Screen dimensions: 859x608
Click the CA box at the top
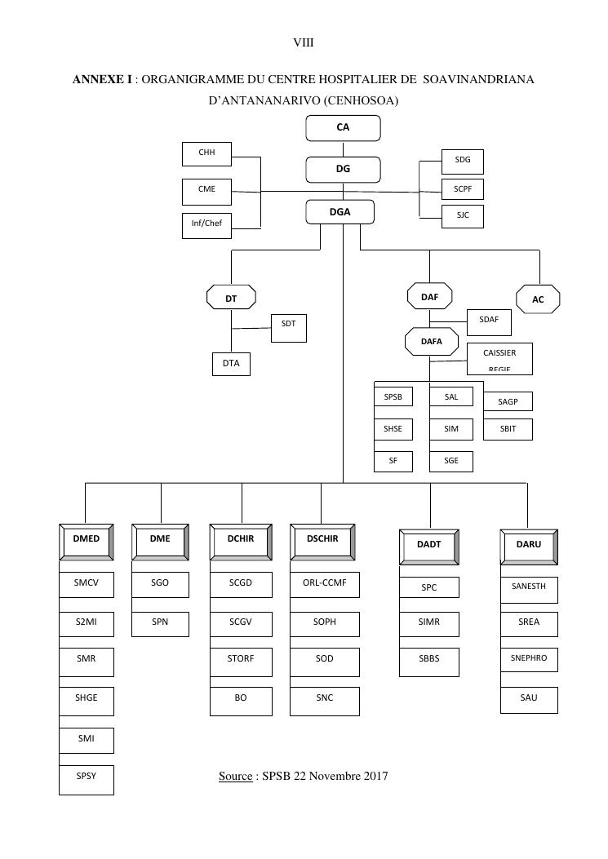click(343, 128)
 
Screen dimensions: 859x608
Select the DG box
click(343, 170)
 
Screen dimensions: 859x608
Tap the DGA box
click(340, 212)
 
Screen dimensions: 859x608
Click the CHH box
click(206, 153)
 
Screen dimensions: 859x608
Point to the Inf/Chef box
click(206, 224)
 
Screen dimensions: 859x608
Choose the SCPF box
click(463, 189)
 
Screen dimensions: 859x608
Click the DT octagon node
click(231, 299)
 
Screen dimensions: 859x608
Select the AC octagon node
click(538, 299)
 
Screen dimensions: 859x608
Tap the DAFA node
click(431, 342)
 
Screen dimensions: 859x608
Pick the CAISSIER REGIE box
click(499, 359)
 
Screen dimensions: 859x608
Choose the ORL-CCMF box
click(324, 586)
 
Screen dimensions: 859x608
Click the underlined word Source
click(235, 776)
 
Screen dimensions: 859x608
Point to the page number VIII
click(304, 42)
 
